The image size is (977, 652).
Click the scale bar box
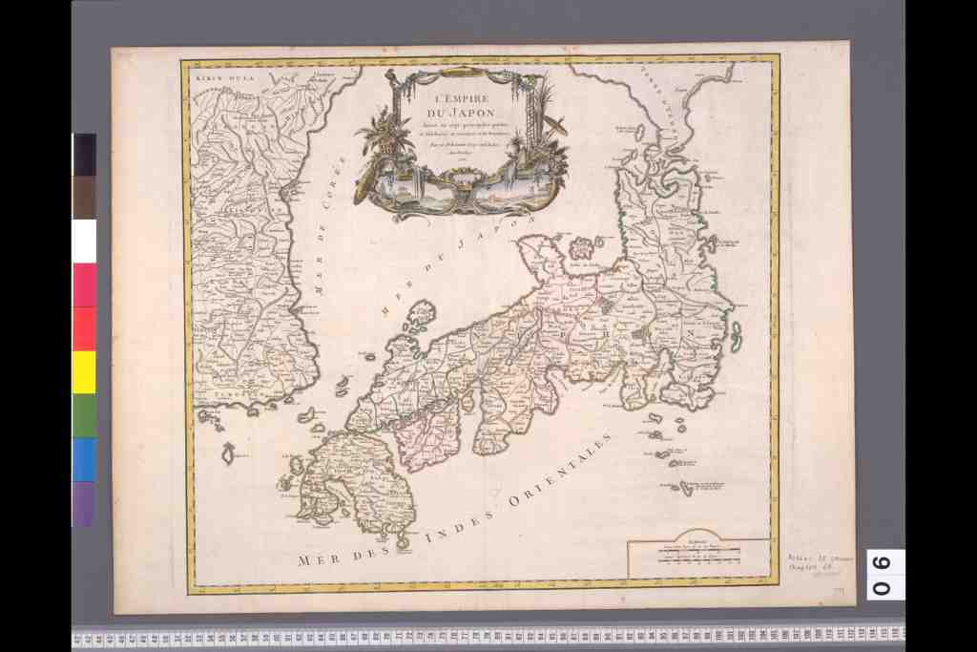pos(698,557)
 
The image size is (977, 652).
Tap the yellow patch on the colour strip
pos(84,372)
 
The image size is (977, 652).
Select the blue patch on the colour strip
pos(84,459)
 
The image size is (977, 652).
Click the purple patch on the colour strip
pos(84,503)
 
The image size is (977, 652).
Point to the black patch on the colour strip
pos(84,155)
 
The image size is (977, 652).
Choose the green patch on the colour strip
pos(84,415)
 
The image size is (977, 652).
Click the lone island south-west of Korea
pos(228,453)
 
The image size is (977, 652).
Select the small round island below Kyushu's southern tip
pos(402,544)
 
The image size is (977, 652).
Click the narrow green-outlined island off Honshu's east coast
pos(737,333)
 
